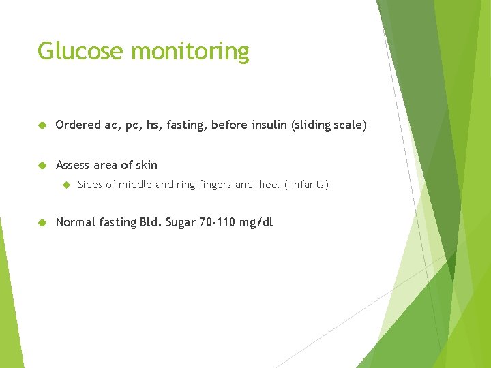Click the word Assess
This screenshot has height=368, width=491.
(73, 165)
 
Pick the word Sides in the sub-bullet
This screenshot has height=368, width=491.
(90, 185)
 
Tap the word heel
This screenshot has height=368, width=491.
(269, 185)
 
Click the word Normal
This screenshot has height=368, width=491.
(75, 222)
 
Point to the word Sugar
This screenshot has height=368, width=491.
(180, 222)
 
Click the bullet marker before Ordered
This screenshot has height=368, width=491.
(42, 126)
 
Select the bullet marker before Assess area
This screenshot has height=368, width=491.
(42, 166)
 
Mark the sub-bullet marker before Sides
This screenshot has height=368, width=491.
(66, 185)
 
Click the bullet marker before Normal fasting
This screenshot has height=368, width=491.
(42, 223)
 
